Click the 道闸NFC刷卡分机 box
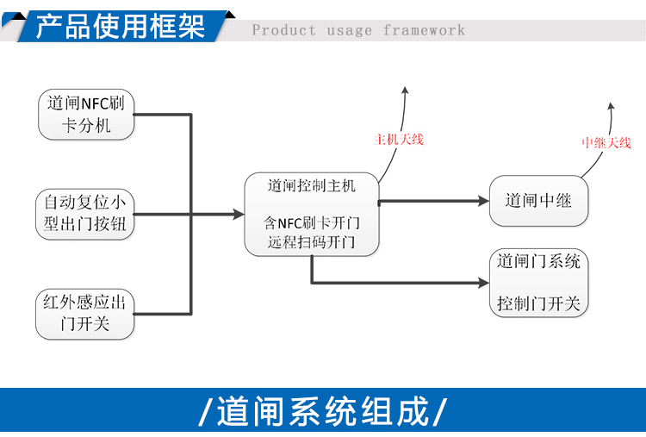click(86, 114)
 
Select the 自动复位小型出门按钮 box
click(85, 215)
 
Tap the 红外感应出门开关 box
click(85, 314)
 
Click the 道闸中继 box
click(538, 201)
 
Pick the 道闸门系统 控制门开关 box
click(538, 283)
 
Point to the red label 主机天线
click(399, 140)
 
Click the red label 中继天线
click(606, 142)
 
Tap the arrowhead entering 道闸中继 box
click(484, 201)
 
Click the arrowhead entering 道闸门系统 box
click(484, 283)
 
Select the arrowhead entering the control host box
click(239, 215)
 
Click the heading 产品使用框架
click(120, 27)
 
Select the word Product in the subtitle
click(284, 30)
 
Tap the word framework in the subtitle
click(424, 30)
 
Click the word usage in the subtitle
click(350, 31)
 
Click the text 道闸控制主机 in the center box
click(312, 186)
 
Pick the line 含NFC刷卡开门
click(312, 223)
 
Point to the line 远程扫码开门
click(312, 242)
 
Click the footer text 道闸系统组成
click(323, 411)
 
